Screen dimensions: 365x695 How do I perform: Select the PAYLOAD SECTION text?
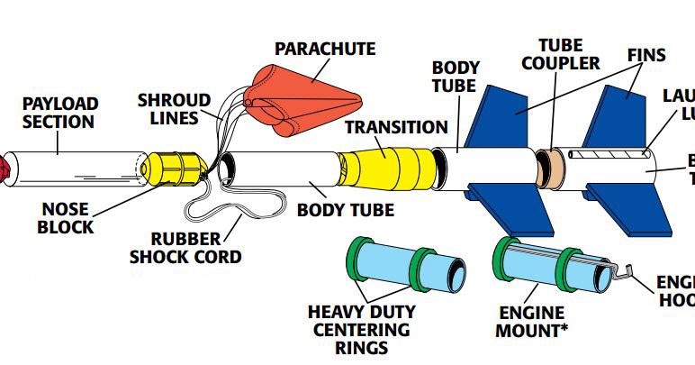coord(60,113)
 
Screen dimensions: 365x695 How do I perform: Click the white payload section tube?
coord(72,166)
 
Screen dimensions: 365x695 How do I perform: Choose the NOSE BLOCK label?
coord(66,219)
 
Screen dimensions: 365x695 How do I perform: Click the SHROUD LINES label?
coord(175,108)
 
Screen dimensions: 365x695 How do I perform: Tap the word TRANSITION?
coord(396,128)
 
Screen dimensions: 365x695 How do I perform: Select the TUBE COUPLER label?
coord(560,54)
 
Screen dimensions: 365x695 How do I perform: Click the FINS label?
coord(646,55)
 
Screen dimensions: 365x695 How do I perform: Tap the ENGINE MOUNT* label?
coord(532,322)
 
